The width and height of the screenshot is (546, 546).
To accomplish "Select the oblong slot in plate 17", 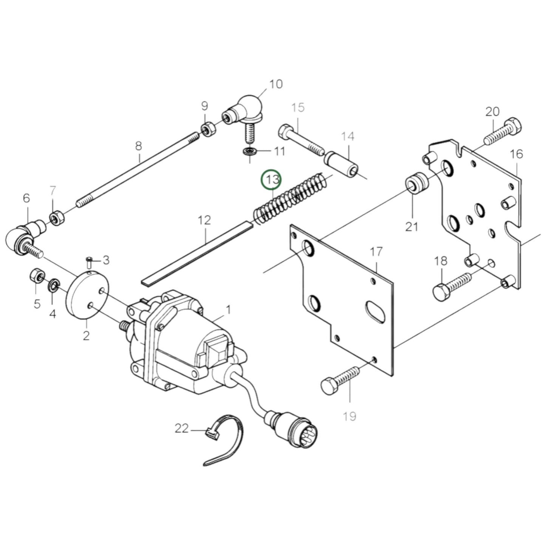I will pyautogui.click(x=374, y=312).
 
